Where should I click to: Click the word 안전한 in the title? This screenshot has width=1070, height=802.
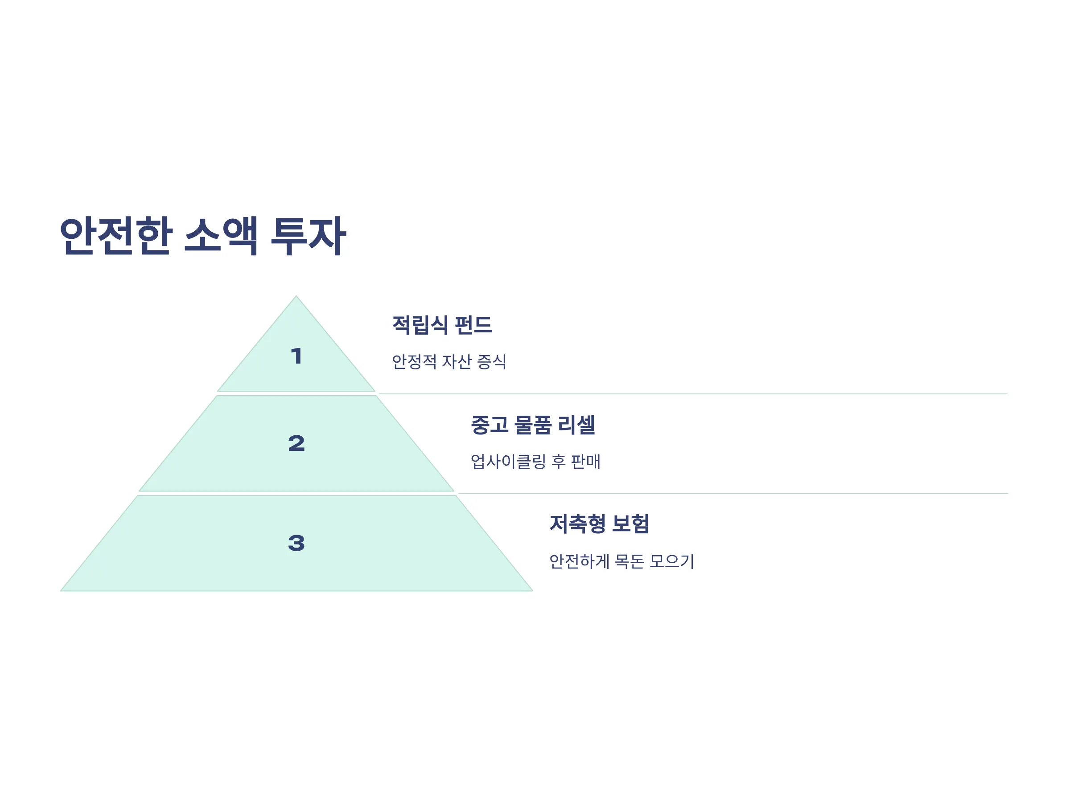pyautogui.click(x=116, y=236)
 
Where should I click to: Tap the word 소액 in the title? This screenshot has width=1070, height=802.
pyautogui.click(x=221, y=236)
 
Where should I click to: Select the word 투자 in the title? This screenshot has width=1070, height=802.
pyautogui.click(x=308, y=236)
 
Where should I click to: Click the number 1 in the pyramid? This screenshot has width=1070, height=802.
pyautogui.click(x=296, y=356)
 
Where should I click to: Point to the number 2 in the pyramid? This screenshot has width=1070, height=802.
pyautogui.click(x=296, y=443)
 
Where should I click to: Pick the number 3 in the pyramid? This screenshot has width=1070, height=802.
pyautogui.click(x=296, y=543)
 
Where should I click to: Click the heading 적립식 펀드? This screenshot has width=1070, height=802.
pyautogui.click(x=442, y=325)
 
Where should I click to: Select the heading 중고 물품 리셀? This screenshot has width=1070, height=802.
pyautogui.click(x=533, y=425)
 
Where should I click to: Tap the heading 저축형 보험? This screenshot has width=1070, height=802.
pyautogui.click(x=599, y=524)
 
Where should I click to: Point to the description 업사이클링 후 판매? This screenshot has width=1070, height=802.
pyautogui.click(x=535, y=461)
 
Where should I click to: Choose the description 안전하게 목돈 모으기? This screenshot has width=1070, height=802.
pyautogui.click(x=622, y=561)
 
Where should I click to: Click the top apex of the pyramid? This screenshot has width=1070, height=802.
pyautogui.click(x=296, y=296)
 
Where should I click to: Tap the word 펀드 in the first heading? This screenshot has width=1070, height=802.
pyautogui.click(x=473, y=325)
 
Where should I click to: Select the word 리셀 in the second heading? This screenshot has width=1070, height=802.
pyautogui.click(x=576, y=425)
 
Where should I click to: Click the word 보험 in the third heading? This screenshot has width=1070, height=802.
pyautogui.click(x=630, y=524)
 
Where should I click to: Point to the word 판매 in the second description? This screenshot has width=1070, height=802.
pyautogui.click(x=586, y=461)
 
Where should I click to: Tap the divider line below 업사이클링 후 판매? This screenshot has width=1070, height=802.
pyautogui.click(x=733, y=494)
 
